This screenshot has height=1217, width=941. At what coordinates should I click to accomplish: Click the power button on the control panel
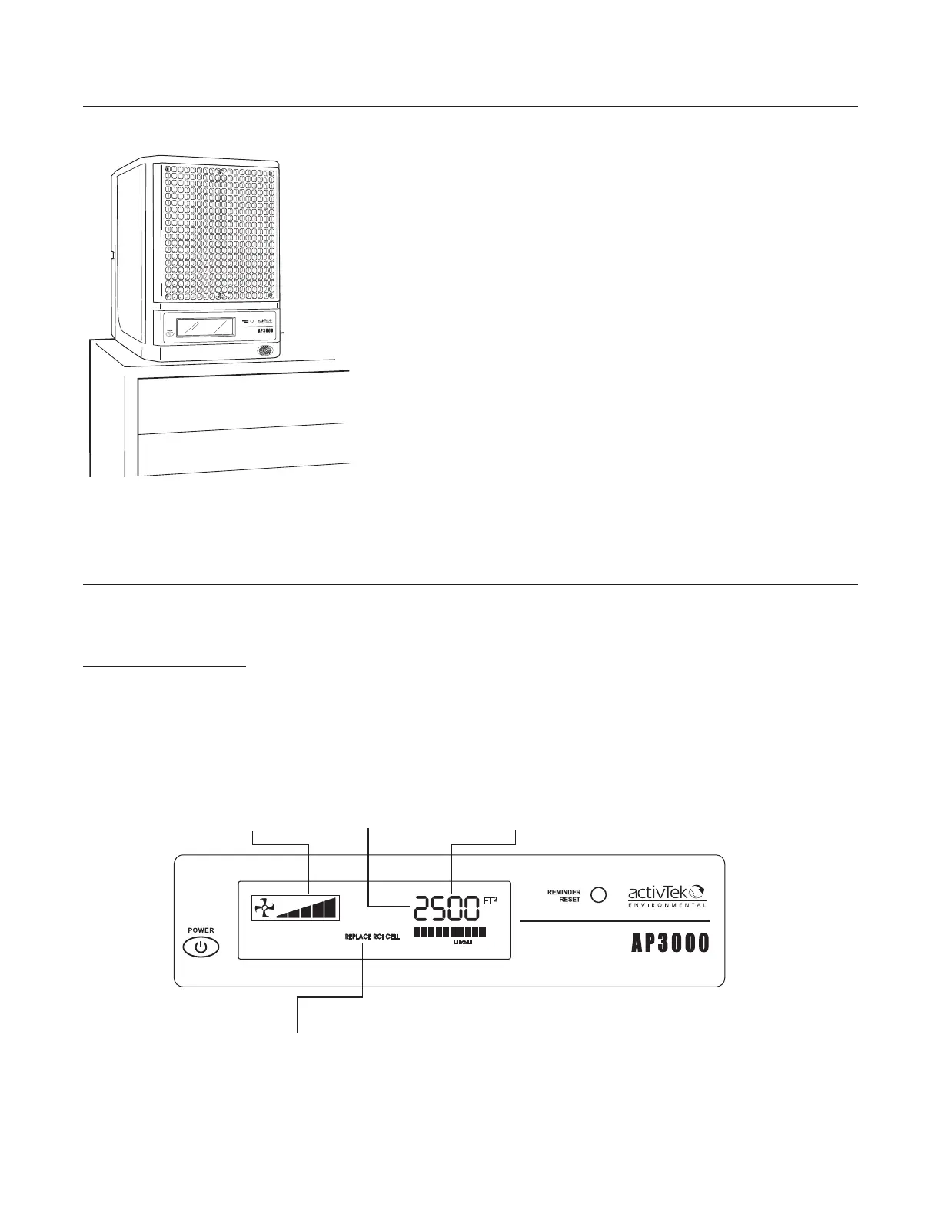[201, 947]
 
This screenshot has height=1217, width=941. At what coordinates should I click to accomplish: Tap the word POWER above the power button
[201, 930]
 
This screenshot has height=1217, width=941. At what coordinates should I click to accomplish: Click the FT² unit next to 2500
[490, 900]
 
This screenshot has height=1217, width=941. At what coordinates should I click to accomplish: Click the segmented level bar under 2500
[450, 931]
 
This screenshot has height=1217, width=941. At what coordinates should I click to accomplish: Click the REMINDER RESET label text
[564, 896]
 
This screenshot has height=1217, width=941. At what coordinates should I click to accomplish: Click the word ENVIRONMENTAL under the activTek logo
[667, 905]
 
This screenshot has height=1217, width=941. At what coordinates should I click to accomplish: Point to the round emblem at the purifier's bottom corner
[265, 350]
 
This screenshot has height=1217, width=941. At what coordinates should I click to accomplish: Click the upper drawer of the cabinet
[242, 401]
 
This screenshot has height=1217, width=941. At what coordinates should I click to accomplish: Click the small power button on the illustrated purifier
[168, 335]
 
